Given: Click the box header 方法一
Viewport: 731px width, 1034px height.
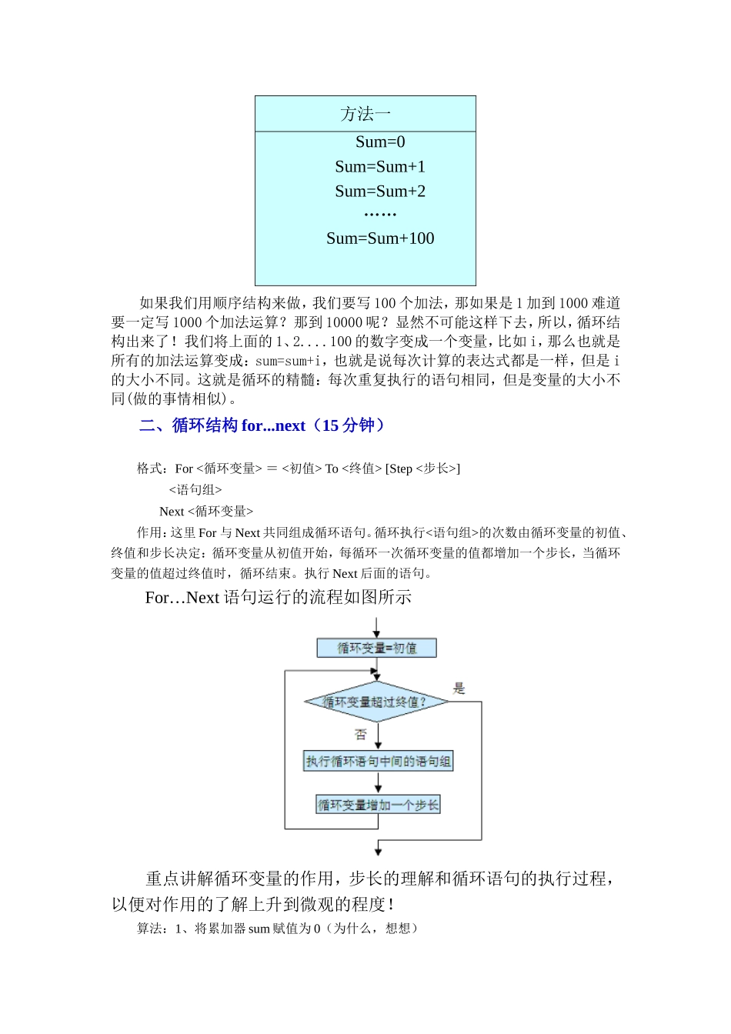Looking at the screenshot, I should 365,115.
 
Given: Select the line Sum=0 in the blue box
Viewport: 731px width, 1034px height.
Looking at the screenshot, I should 380,142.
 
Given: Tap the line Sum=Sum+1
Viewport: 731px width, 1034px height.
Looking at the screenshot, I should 380,167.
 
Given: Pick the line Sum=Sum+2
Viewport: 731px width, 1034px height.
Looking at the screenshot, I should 380,192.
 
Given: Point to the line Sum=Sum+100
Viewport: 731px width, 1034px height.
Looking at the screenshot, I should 380,238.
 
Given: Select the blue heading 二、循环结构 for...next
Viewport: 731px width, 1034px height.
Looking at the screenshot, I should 262,425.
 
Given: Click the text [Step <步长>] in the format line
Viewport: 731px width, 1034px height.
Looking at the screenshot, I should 422,469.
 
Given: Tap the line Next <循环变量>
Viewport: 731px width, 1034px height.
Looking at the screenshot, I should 206,512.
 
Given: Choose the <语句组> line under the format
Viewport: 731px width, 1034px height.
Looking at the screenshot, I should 195,490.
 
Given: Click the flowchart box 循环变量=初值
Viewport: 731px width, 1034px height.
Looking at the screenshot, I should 377,649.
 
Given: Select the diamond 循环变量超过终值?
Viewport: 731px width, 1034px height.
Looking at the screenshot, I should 376,702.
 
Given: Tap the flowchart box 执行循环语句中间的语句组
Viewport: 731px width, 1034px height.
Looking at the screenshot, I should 379,762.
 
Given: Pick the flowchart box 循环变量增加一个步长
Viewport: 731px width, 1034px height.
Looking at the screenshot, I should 379,806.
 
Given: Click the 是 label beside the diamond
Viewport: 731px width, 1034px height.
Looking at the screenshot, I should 459,689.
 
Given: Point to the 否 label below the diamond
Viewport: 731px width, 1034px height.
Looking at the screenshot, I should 360,735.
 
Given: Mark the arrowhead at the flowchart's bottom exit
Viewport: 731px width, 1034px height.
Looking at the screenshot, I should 378,850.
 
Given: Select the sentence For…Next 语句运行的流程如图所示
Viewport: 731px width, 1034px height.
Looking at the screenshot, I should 278,598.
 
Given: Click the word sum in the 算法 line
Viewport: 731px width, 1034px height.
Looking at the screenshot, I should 259,929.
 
